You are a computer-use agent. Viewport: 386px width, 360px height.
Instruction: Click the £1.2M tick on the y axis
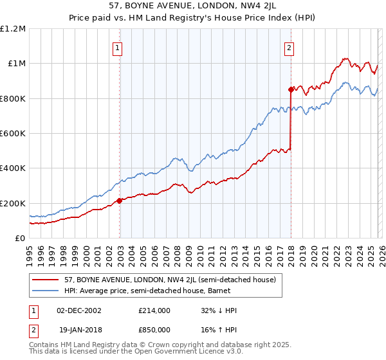pos(13,29)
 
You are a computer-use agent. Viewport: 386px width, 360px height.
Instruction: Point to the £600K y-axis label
pos(13,134)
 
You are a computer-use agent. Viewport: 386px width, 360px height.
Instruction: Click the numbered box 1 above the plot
pos(119,47)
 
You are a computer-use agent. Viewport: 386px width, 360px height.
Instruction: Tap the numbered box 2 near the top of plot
pos(289,47)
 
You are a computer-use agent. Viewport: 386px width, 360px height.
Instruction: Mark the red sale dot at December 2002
pos(120,201)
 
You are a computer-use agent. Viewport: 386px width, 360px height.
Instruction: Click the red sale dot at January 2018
pos(291,90)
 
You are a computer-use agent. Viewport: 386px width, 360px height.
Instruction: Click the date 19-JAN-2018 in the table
pos(78,329)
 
